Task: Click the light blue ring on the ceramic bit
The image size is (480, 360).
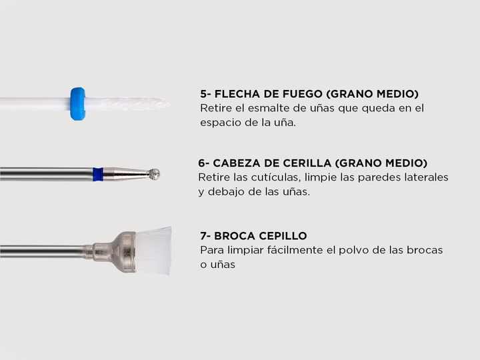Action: pos(77,104)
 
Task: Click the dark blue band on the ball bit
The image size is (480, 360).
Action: pos(98,174)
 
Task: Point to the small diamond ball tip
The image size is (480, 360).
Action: pos(153,174)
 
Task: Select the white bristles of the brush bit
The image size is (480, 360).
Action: pos(153,251)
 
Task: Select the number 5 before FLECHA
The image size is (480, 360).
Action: pos(204,94)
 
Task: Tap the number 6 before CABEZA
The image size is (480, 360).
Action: pos(202,163)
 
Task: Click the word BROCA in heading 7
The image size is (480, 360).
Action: pos(235,236)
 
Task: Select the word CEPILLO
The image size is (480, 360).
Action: pos(283,236)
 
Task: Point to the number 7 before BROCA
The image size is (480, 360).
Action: pos(204,236)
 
